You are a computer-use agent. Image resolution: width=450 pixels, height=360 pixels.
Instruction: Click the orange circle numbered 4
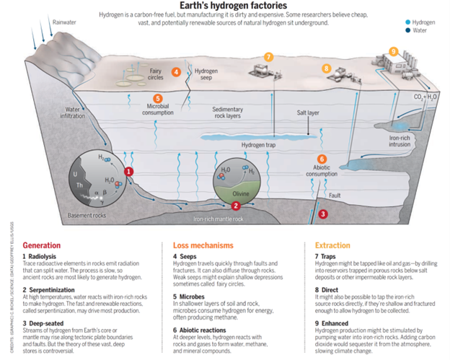(x=176, y=72)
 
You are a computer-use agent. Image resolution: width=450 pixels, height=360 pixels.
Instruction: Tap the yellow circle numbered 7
(x=268, y=57)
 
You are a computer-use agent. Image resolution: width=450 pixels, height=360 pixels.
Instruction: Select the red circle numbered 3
(x=323, y=214)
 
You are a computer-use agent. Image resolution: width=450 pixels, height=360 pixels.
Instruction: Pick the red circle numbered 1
(x=128, y=171)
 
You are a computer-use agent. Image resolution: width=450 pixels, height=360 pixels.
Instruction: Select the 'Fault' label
(x=335, y=196)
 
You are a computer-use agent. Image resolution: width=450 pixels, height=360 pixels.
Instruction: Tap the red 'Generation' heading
(x=42, y=245)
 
